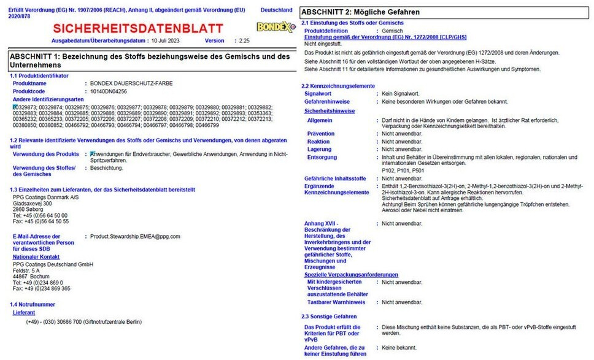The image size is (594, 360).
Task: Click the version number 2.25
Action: point(244,40)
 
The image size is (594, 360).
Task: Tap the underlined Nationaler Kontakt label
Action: point(36,257)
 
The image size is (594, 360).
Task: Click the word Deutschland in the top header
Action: point(277,10)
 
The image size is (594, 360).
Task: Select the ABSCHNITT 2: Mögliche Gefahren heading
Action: point(361,12)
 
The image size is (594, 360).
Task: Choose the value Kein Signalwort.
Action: point(403,93)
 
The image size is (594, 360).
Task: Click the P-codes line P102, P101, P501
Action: point(402,171)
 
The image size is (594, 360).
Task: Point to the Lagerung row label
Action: point(320,149)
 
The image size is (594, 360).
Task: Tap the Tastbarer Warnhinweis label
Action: point(336,302)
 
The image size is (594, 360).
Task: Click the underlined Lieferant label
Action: point(25,312)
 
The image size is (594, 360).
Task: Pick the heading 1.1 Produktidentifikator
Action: point(39,75)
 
